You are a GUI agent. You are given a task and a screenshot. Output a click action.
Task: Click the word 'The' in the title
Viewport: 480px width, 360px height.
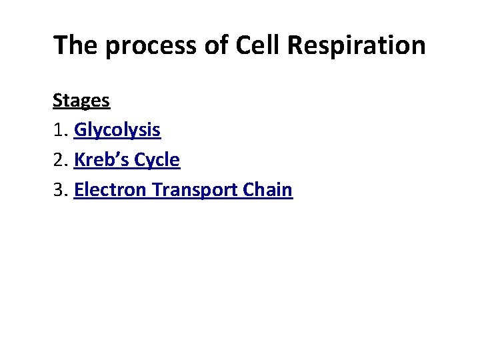(75, 45)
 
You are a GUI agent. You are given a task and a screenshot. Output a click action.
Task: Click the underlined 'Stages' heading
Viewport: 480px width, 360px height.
(81, 101)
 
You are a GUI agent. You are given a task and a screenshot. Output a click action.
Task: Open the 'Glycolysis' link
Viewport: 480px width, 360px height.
(117, 131)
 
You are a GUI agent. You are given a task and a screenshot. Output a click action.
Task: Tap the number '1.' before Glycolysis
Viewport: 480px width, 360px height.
(61, 131)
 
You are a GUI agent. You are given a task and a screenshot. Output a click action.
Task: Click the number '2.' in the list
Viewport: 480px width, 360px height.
(61, 160)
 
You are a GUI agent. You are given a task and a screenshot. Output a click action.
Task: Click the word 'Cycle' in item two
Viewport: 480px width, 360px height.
(157, 161)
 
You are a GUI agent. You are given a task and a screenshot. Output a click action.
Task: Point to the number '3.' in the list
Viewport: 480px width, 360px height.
(61, 190)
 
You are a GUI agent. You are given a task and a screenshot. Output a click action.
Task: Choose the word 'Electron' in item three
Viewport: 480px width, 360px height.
(111, 190)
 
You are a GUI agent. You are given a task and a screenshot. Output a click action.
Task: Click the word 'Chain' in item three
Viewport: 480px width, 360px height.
(268, 190)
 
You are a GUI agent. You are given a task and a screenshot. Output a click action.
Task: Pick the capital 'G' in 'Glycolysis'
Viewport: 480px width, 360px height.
(81, 130)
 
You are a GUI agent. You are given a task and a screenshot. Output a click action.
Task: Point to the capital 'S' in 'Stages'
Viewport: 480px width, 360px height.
(57, 101)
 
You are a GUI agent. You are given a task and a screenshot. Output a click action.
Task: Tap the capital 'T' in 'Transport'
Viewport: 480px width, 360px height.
(157, 190)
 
